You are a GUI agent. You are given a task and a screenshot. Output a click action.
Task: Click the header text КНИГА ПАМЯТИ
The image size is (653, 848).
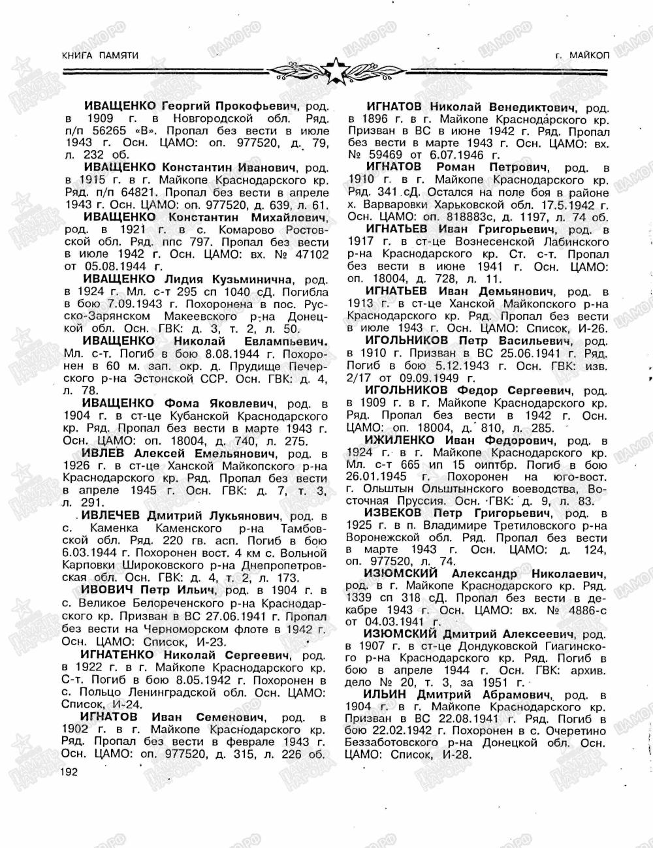pyautogui.click(x=100, y=56)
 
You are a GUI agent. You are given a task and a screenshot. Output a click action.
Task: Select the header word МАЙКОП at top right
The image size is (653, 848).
pyautogui.click(x=589, y=56)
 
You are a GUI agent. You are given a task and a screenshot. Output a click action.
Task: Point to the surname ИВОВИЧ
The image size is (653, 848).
pyautogui.click(x=104, y=589)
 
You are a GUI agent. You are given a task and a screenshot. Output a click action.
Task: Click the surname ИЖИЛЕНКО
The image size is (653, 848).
pyautogui.click(x=400, y=440)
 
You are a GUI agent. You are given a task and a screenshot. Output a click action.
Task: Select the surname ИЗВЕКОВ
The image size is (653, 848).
pyautogui.click(x=393, y=514)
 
